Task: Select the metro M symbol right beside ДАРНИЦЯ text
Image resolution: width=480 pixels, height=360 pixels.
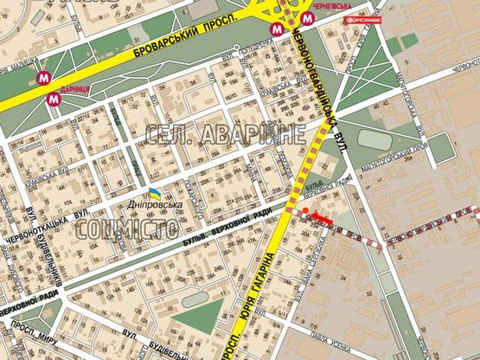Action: pos(55,98)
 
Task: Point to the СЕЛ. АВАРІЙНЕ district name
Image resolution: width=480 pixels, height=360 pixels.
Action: pos(224,134)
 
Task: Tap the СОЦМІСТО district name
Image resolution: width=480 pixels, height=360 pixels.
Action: pos(127,229)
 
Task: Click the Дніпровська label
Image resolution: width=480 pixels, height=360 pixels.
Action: pos(158,204)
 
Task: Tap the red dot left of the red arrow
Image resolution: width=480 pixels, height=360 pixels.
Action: pos(304,210)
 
